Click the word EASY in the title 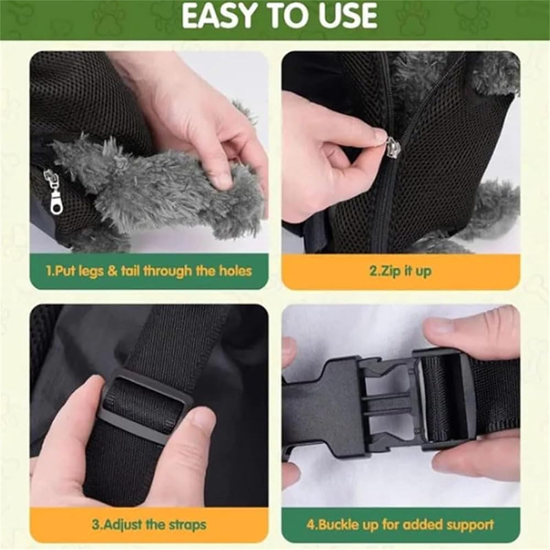pyautogui.click(x=217, y=16)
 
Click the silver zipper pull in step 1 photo pyautogui.click(x=53, y=191)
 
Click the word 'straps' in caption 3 pyautogui.click(x=188, y=525)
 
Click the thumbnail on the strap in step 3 pyautogui.click(x=203, y=419)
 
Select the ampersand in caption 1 pyautogui.click(x=113, y=271)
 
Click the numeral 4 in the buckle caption pyautogui.click(x=310, y=525)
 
